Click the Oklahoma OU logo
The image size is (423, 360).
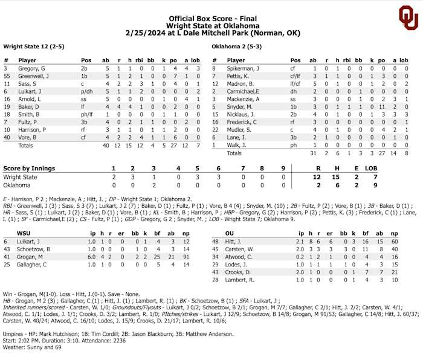pyautogui.click(x=408, y=18)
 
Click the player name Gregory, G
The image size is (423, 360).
pyautogui.click(x=32, y=69)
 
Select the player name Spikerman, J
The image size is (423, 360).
pyautogui.click(x=244, y=69)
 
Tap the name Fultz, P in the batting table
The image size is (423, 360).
pyautogui.click(x=28, y=121)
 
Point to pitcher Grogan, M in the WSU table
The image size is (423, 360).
pyautogui.click(x=32, y=256)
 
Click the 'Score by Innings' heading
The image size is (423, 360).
pyautogui.click(x=29, y=169)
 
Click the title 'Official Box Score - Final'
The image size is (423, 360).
pyautogui.click(x=212, y=19)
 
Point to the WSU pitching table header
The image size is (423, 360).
pyautogui.click(x=24, y=232)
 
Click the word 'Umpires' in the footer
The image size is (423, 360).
pyautogui.click(x=15, y=333)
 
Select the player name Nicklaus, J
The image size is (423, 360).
pyautogui.click(x=242, y=114)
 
